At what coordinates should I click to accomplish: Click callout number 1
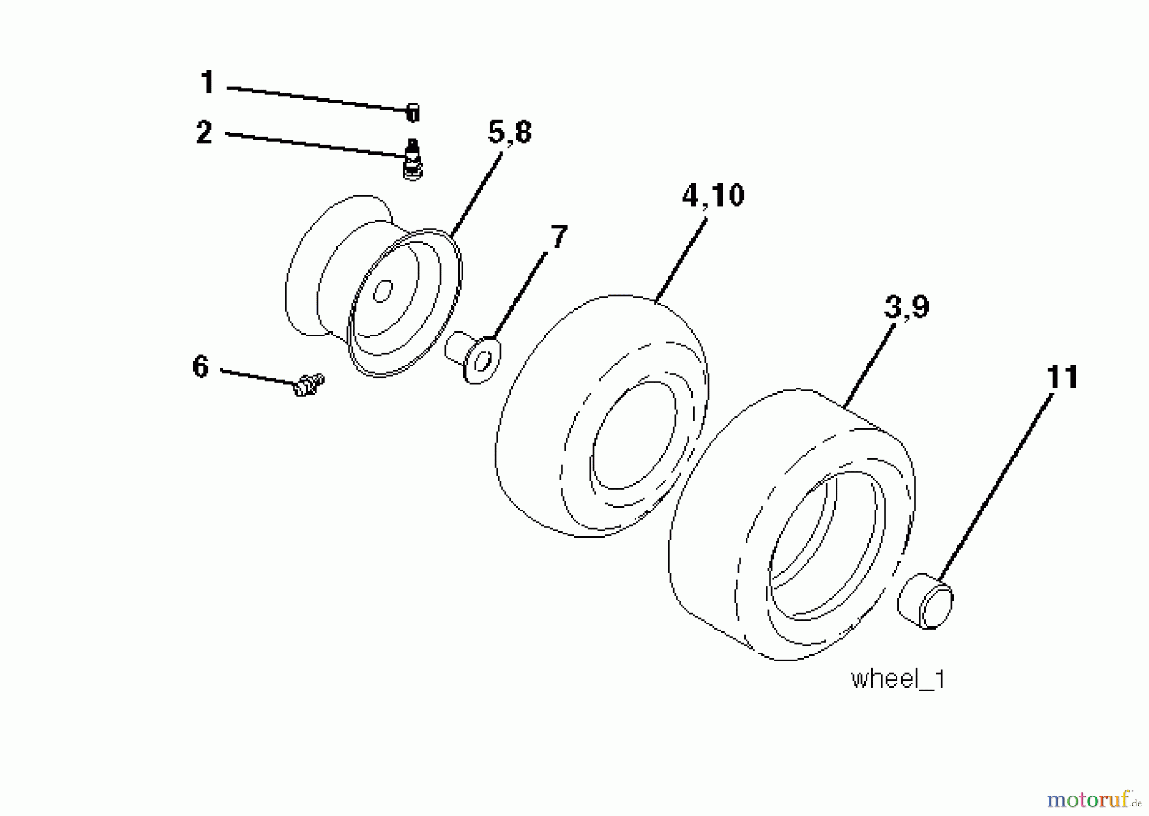coord(207,84)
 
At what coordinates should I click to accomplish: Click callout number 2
coord(204,133)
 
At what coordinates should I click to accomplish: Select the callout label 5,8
coord(509,133)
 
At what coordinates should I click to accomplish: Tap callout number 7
coord(558,238)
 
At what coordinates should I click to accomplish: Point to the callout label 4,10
coord(713,195)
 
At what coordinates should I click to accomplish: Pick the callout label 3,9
coord(906,308)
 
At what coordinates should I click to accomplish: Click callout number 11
coord(1062,377)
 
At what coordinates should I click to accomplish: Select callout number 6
coord(200,367)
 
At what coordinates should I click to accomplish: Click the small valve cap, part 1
coord(413,114)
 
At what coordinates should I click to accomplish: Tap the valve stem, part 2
coord(413,160)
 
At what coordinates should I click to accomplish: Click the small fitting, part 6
coord(308,385)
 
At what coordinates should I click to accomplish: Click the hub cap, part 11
coord(926,601)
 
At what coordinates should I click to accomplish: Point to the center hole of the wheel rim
coord(382,292)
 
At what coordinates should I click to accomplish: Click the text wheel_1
coord(897,679)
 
